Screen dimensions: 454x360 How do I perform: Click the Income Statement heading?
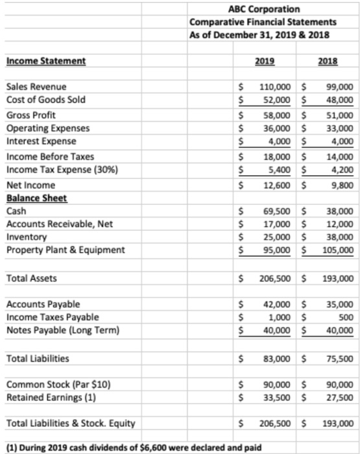pyautogui.click(x=45, y=61)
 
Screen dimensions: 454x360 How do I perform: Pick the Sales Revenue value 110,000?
pyautogui.click(x=274, y=87)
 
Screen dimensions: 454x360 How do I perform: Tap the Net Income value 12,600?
pyautogui.click(x=276, y=184)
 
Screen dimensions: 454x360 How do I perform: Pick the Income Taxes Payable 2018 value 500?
pyautogui.click(x=345, y=317)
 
